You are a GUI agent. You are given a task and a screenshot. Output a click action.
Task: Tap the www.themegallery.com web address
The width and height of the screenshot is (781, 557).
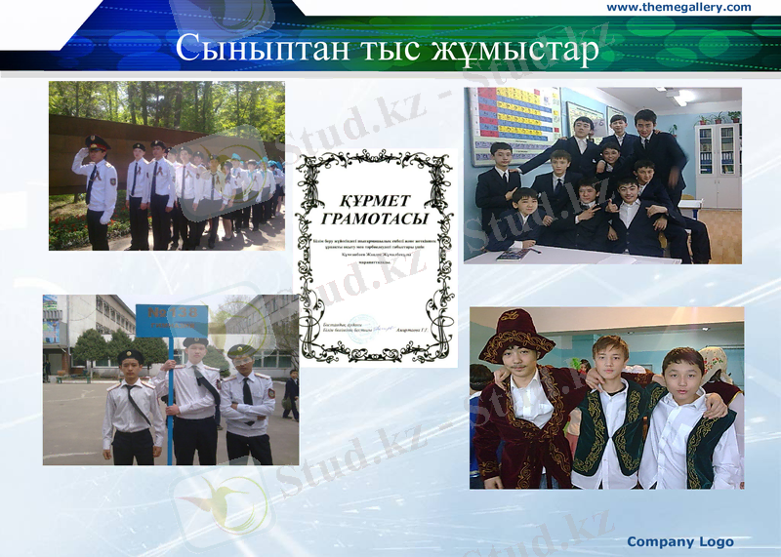(x=678, y=8)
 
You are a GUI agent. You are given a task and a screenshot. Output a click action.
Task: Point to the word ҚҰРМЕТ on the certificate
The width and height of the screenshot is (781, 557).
(x=375, y=191)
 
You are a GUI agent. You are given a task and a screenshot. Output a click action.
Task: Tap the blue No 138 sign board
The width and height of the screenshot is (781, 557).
(x=171, y=320)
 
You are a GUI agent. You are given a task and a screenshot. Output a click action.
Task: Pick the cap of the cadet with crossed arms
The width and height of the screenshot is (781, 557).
(x=241, y=350)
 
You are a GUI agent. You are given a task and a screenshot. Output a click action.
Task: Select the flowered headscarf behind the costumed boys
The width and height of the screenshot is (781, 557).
(x=717, y=362)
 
